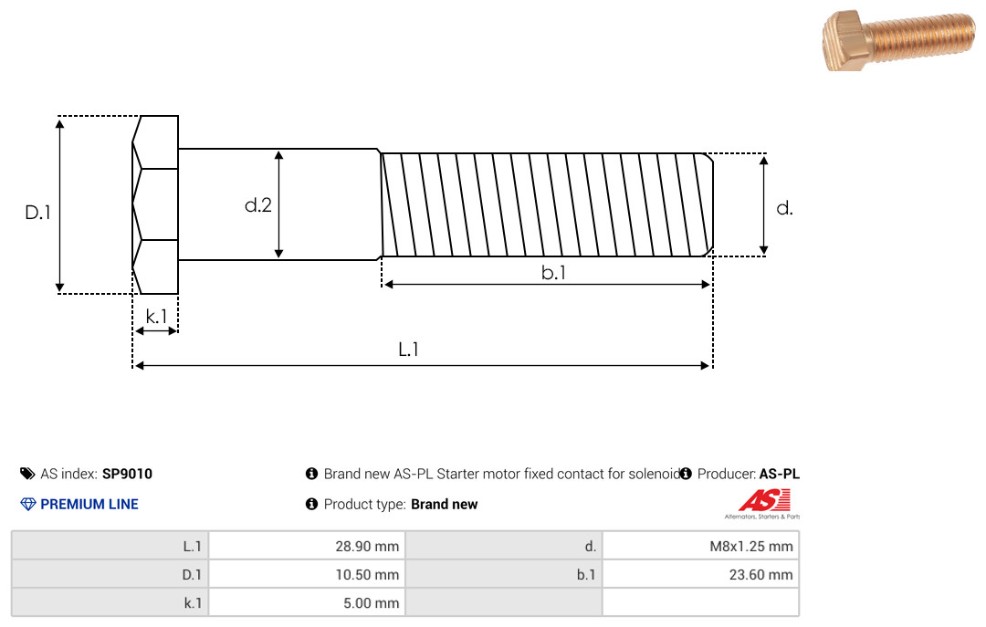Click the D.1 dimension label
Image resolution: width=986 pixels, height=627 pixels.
(x=37, y=214)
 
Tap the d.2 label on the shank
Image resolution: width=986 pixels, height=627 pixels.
(x=258, y=205)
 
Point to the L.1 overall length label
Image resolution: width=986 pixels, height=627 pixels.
(x=408, y=349)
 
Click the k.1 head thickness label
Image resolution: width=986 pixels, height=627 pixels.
(x=157, y=316)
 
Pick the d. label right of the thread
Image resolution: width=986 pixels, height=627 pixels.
(x=784, y=208)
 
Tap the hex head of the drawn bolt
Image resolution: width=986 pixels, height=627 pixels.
(x=156, y=205)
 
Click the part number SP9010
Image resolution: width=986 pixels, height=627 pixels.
(x=127, y=474)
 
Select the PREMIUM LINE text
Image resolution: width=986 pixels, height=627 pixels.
(x=89, y=504)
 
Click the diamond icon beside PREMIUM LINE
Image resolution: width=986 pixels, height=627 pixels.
(x=27, y=504)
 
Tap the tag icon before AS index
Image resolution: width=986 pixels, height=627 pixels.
(x=27, y=474)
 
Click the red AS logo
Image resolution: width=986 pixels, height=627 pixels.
(x=764, y=500)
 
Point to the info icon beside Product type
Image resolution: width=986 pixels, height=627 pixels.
(x=311, y=504)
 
